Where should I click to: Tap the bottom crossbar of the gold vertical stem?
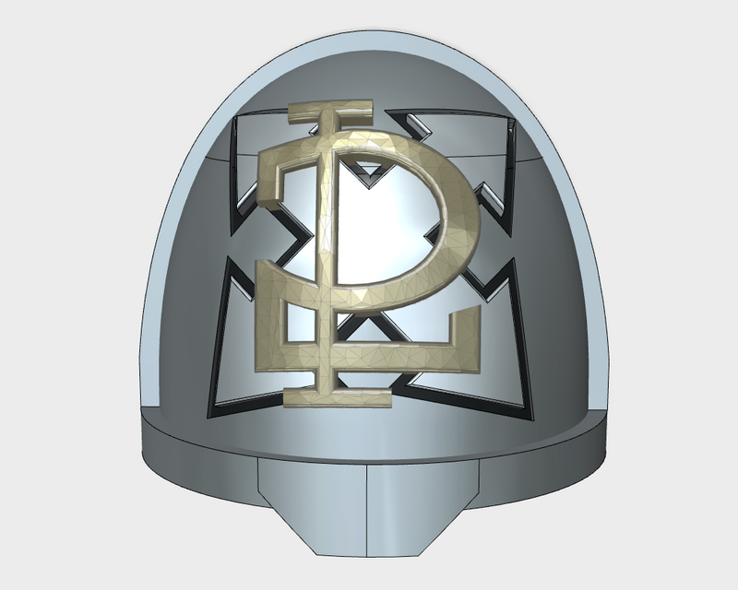(x=338, y=397)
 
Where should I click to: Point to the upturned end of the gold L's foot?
(x=467, y=324)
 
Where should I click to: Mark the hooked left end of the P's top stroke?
(x=271, y=179)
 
